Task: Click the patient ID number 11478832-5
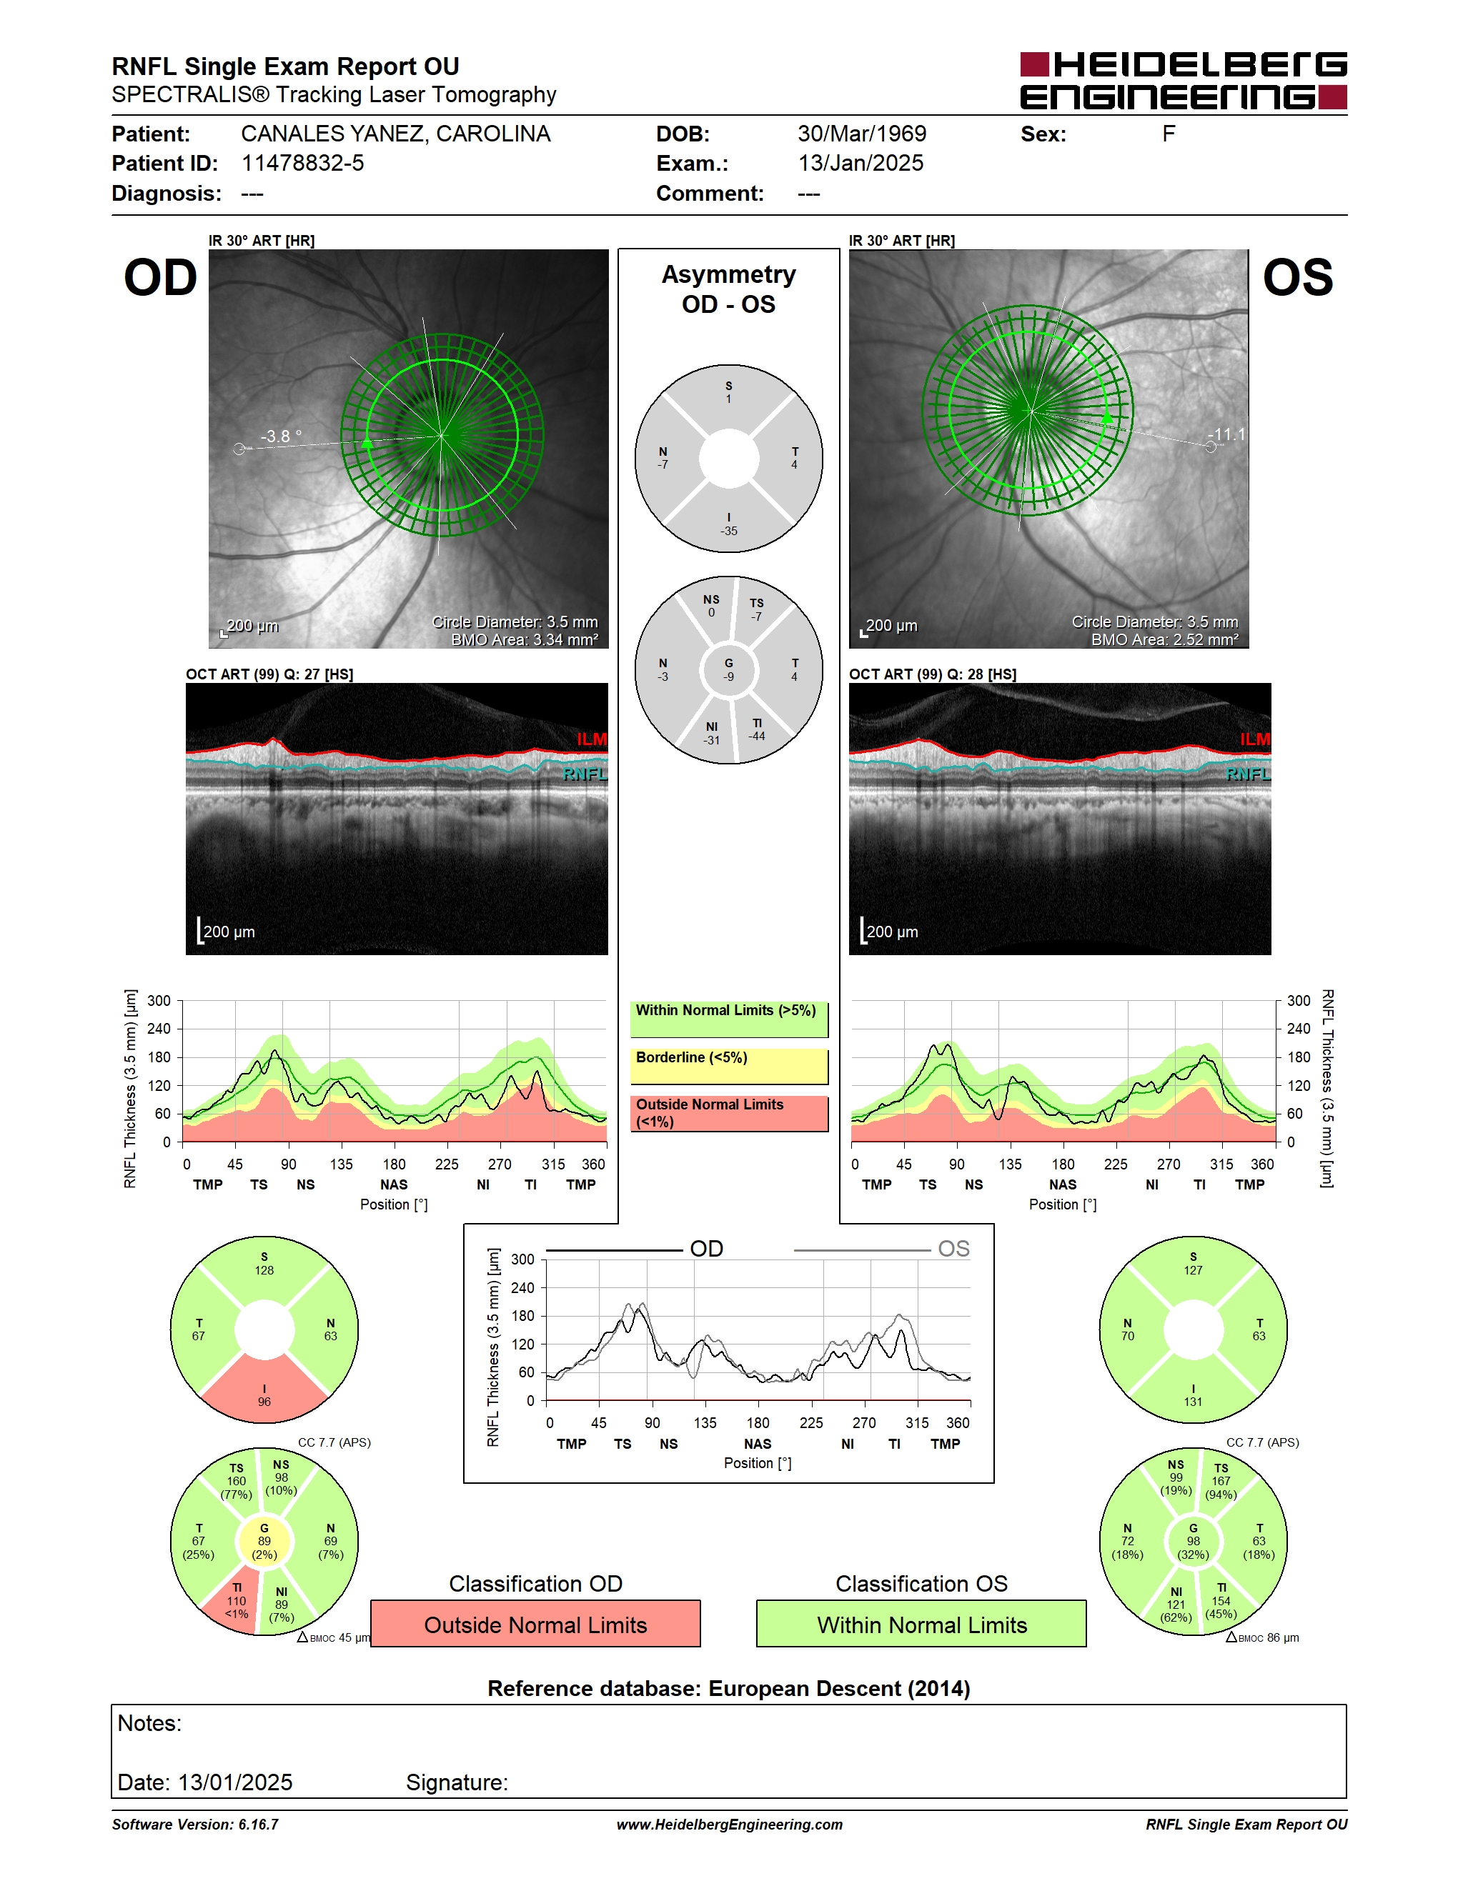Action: click(302, 163)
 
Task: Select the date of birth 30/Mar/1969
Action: click(861, 134)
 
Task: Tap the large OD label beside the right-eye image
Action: click(161, 278)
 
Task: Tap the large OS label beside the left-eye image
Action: click(1297, 278)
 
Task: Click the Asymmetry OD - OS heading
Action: click(728, 289)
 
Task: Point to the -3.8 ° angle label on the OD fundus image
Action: click(282, 436)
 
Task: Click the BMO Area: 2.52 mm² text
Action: click(1164, 640)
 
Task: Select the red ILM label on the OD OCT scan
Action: click(592, 739)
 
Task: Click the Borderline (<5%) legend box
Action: click(729, 1067)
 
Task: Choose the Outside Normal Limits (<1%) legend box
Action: click(729, 1114)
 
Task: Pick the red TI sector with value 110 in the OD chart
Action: click(233, 1604)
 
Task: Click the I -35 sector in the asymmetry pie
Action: click(729, 522)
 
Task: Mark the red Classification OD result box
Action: click(535, 1625)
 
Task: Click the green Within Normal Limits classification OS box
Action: click(922, 1625)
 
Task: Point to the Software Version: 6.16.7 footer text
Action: click(195, 1825)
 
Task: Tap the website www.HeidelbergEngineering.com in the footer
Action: click(729, 1825)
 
